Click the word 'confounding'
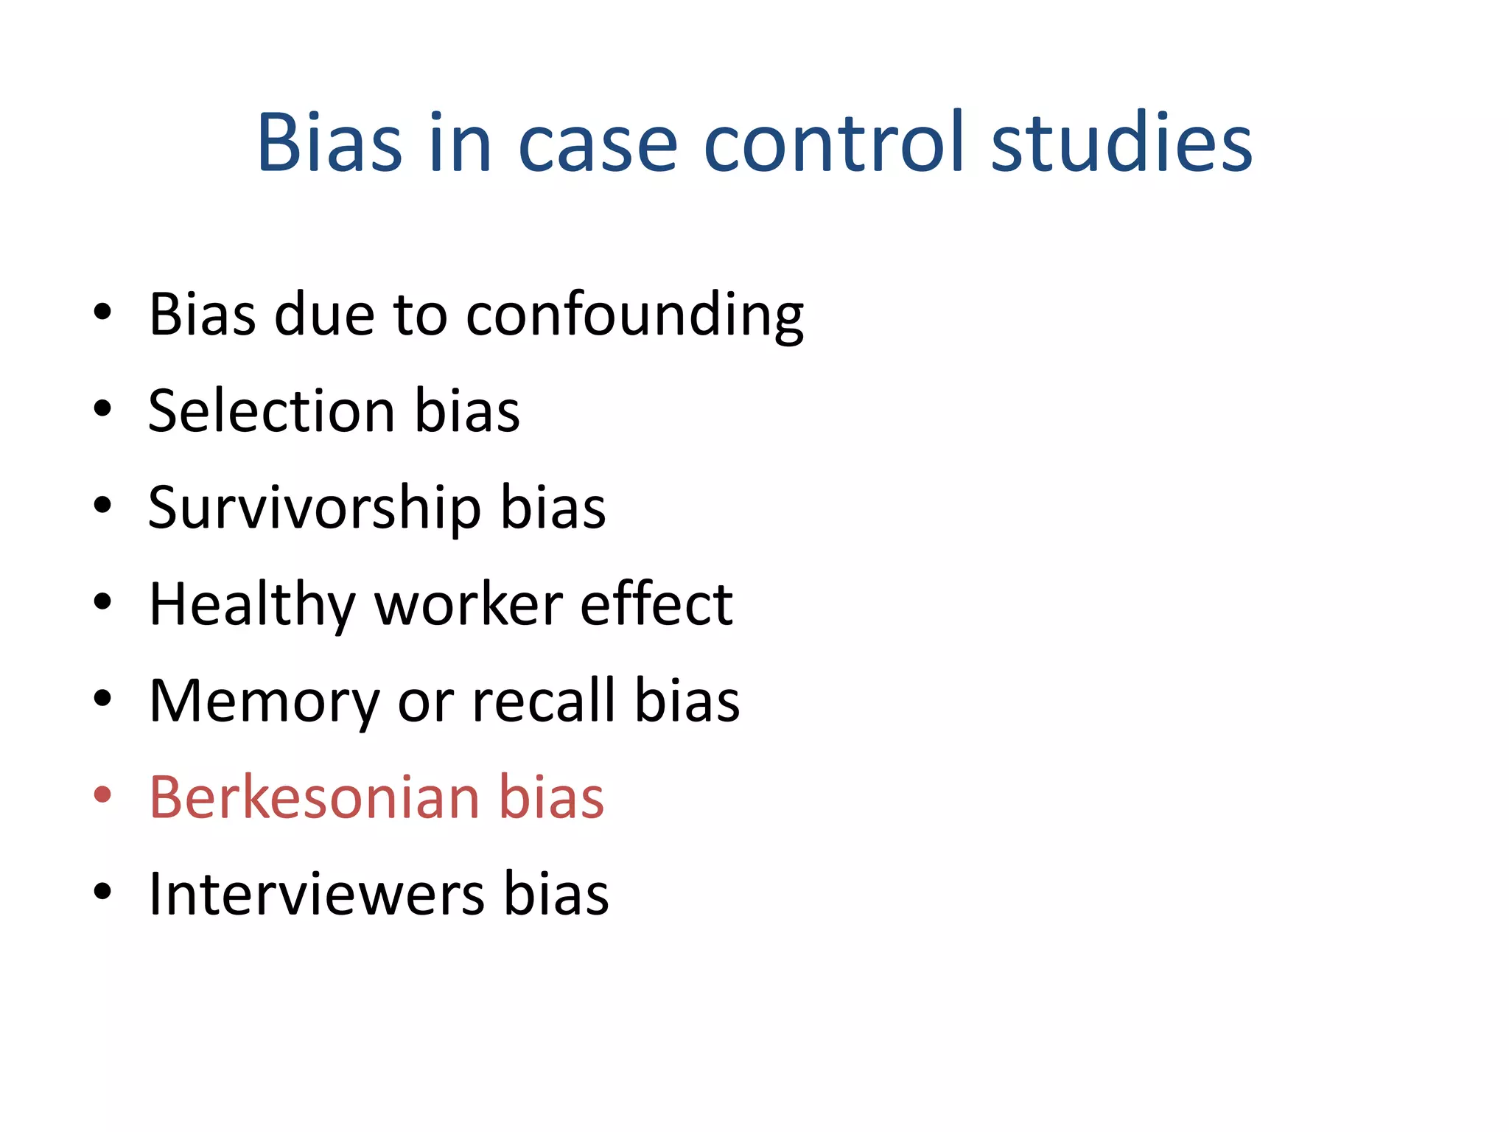point(634,315)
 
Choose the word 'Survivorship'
point(315,509)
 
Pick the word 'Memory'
point(264,702)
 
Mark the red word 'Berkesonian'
point(314,797)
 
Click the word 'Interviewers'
point(317,894)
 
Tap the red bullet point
point(102,795)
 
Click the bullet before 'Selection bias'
point(102,408)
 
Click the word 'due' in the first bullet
point(324,315)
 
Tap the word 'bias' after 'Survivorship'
point(553,508)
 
